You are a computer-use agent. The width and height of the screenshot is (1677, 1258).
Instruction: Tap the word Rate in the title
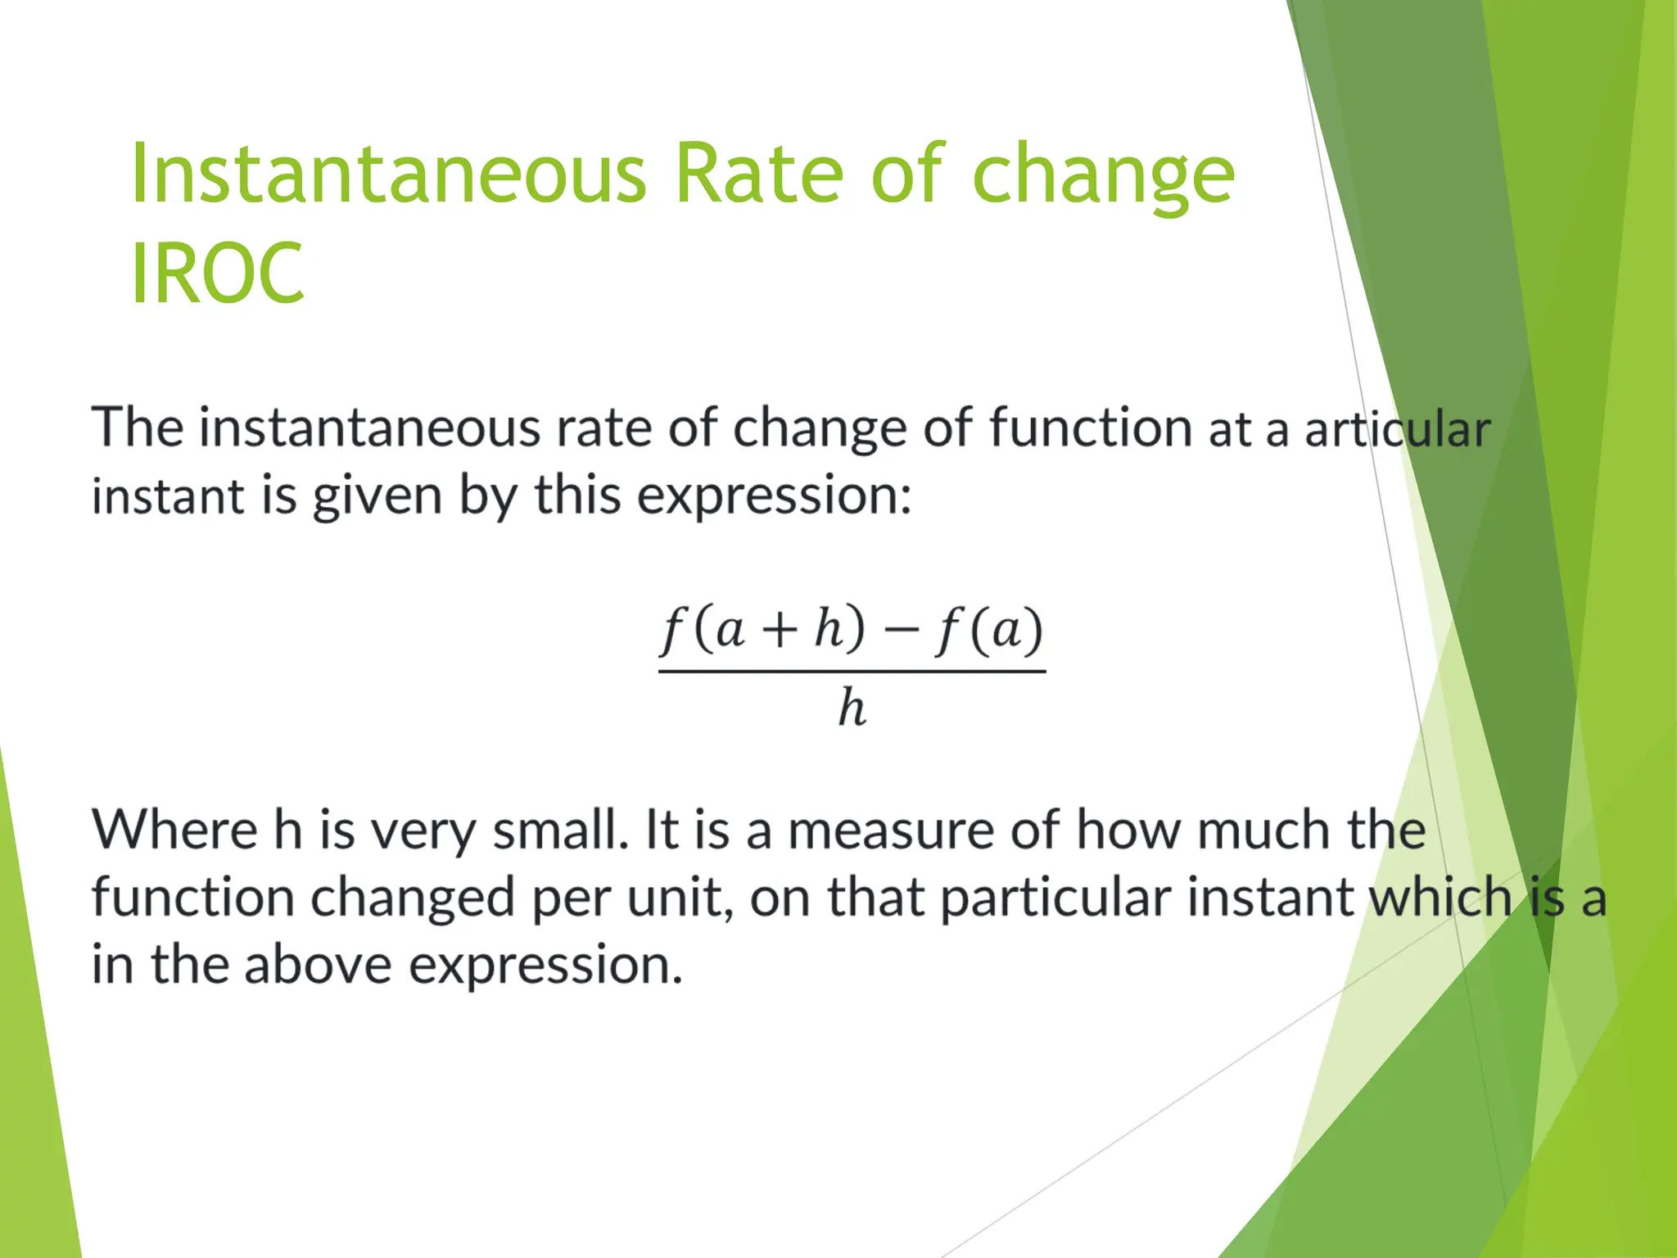tap(758, 174)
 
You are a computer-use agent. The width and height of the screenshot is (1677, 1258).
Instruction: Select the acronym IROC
tap(217, 274)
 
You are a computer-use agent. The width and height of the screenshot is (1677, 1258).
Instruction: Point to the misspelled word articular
tap(1397, 429)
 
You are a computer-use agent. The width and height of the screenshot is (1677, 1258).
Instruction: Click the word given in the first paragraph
tap(377, 496)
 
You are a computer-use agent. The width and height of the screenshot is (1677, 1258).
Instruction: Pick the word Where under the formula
tap(174, 830)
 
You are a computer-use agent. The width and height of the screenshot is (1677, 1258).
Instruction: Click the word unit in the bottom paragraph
tap(677, 898)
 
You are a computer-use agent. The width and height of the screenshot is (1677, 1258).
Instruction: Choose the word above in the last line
tap(318, 965)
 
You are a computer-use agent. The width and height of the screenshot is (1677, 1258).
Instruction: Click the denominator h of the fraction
tap(852, 708)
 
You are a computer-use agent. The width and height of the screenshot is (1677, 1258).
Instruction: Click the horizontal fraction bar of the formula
tap(852, 672)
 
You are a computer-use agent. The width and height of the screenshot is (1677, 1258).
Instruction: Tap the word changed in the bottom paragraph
tap(412, 898)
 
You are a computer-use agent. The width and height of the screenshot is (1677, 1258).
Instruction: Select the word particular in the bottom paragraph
tap(1055, 898)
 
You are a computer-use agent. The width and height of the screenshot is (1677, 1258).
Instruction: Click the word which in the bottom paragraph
tap(1440, 898)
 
